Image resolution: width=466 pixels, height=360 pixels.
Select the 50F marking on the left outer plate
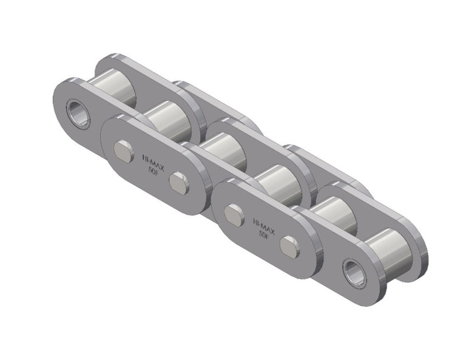click(x=152, y=170)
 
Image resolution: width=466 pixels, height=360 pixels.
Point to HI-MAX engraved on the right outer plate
click(x=263, y=223)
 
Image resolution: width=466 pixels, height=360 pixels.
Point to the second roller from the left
click(x=168, y=117)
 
